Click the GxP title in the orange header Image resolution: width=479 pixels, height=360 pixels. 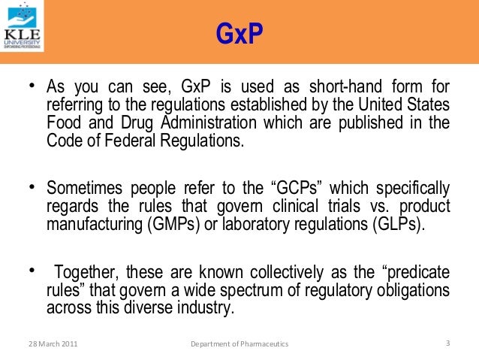[239, 33]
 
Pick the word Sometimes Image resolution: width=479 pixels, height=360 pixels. [83, 187]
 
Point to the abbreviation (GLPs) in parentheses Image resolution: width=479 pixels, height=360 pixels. [393, 224]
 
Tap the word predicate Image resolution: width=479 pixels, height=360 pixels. [415, 271]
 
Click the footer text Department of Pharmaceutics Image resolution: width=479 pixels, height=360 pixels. [239, 344]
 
